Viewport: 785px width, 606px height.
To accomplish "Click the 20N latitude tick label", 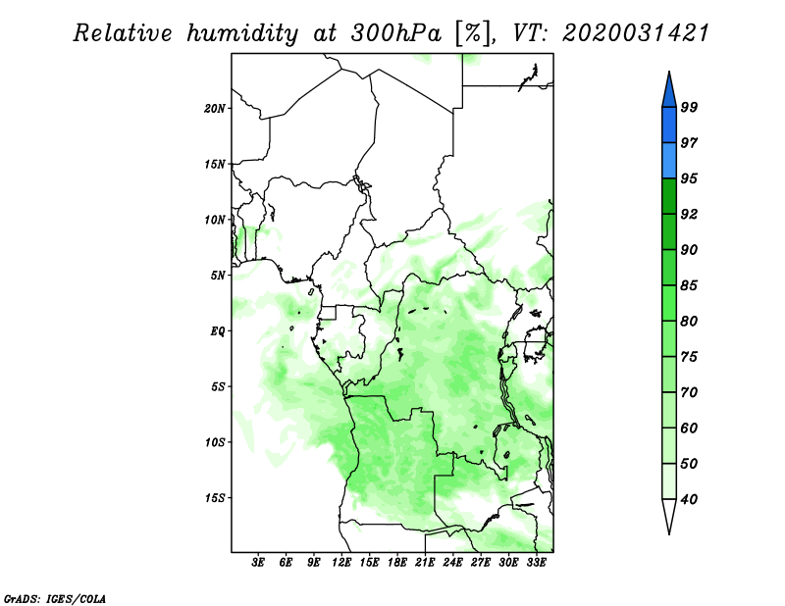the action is coord(215,109).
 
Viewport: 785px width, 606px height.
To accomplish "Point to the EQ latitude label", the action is coord(218,331).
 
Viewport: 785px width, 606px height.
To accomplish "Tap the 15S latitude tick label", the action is coord(215,498).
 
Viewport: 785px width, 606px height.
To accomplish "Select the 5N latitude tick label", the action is coord(218,276).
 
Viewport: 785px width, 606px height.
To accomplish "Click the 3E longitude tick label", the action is coord(258,563).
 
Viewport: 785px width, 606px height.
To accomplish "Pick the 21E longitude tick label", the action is coord(425,563).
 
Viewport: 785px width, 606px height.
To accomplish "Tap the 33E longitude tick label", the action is coord(536,563).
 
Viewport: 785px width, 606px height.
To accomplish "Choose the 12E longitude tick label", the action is coord(341,563).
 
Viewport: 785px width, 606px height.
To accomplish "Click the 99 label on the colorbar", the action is coord(689,107).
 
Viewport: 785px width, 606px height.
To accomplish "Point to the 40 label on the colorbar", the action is coord(689,499).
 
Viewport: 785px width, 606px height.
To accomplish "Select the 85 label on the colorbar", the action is coord(689,285).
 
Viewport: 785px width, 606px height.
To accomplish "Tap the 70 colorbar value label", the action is coord(689,392).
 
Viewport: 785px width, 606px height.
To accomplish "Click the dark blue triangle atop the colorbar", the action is coord(669,92).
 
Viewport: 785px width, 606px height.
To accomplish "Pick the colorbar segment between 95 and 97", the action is coord(669,161).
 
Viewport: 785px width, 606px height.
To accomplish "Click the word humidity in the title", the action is coord(242,33).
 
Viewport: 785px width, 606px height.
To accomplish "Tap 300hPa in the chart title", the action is coord(396,33).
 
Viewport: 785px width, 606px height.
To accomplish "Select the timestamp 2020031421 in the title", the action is coord(636,33).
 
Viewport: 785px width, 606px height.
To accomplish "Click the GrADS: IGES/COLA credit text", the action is coord(55,599).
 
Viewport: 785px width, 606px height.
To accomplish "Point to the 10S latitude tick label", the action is coord(215,442).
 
